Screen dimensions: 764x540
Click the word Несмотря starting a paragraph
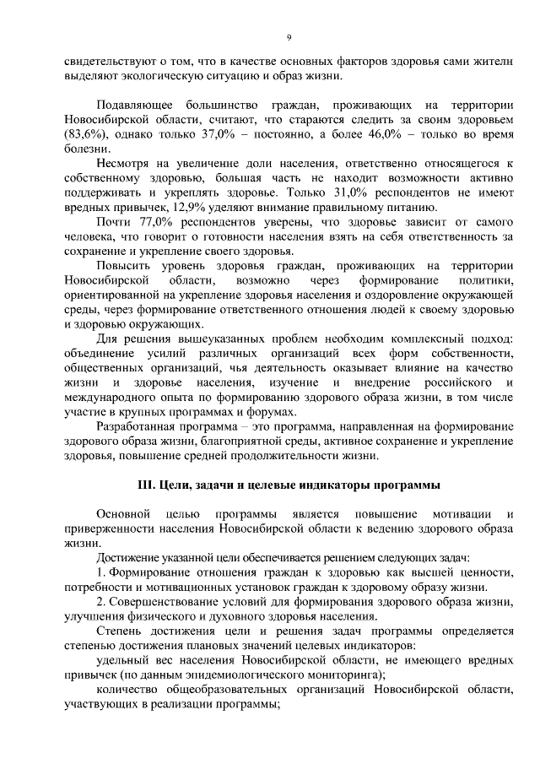tap(123, 163)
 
